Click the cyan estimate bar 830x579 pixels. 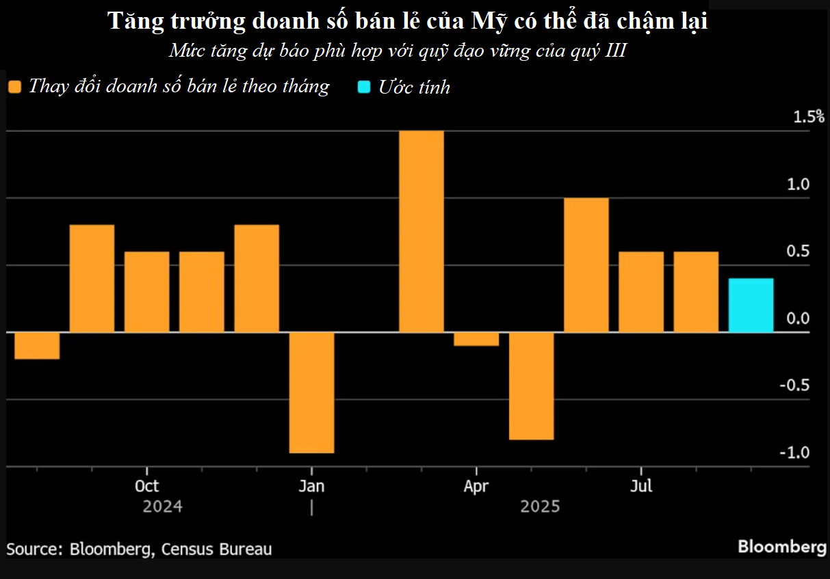[x=751, y=305]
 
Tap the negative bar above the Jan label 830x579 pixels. [x=311, y=392]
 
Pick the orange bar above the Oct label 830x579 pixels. [x=146, y=292]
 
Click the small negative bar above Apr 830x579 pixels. [x=476, y=339]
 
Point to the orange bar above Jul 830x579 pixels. [x=641, y=292]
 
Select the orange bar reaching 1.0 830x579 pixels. [x=586, y=265]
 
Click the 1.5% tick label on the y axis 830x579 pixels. [x=809, y=117]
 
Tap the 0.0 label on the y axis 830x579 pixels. [x=797, y=319]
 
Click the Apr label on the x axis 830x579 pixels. [x=476, y=486]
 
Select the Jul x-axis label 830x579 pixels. [x=641, y=486]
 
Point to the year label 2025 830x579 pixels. [x=540, y=507]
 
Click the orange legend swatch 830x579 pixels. [x=15, y=87]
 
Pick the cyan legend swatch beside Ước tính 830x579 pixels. [x=364, y=87]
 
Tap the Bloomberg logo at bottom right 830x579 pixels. [x=781, y=547]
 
